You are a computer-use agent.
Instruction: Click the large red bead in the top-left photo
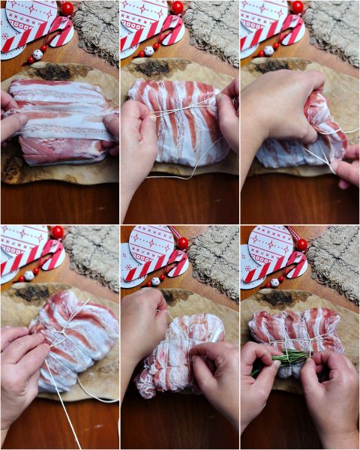pos(67,8)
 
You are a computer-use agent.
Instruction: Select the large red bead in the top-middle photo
pos(178,7)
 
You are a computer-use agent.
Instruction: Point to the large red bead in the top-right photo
pos(298,7)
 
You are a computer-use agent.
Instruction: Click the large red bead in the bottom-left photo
pos(57,232)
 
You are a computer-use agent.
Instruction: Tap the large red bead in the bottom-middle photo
pos(182,243)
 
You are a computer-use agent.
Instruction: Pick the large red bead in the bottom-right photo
pos(301,244)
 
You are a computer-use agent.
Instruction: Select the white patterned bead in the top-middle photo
pos(149,51)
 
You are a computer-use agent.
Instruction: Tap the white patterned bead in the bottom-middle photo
pos(156,282)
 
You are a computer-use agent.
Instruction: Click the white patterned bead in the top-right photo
pos(268,50)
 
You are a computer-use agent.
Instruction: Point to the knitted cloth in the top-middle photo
pos(214,30)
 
